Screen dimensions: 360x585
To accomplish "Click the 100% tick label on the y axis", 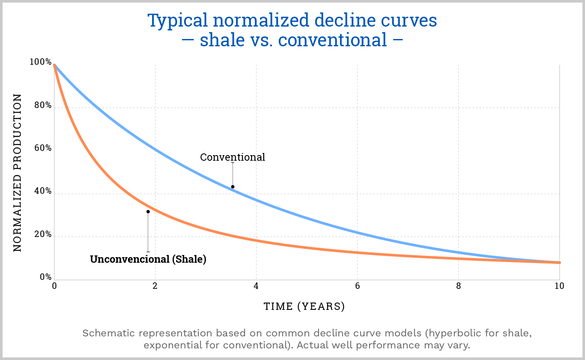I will pos(40,62).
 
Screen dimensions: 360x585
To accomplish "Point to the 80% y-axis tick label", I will pos(42,105).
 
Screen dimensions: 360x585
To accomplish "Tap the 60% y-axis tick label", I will pos(42,148).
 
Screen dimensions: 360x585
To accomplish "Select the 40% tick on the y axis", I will pos(42,192).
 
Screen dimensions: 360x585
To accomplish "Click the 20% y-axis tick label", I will pos(42,235).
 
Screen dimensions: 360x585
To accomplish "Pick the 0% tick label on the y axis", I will pos(45,277).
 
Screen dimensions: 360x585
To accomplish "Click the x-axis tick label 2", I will pos(155,286).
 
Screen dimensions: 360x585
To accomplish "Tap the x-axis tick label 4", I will pos(256,286).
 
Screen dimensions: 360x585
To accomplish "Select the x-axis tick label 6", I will pos(357,286).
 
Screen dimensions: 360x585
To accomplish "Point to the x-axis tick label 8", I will pos(458,286).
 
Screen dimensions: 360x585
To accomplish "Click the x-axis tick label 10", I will pos(558,286).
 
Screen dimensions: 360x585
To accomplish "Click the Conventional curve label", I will pos(233,157).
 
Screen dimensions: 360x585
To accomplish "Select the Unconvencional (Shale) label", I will pos(148,259).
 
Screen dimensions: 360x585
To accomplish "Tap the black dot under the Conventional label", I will pos(233,187).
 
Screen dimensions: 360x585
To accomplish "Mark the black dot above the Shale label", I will pos(148,211).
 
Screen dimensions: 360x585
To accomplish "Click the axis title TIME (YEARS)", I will pos(304,306).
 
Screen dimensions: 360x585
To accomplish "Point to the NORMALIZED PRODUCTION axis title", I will pos(17,173).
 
